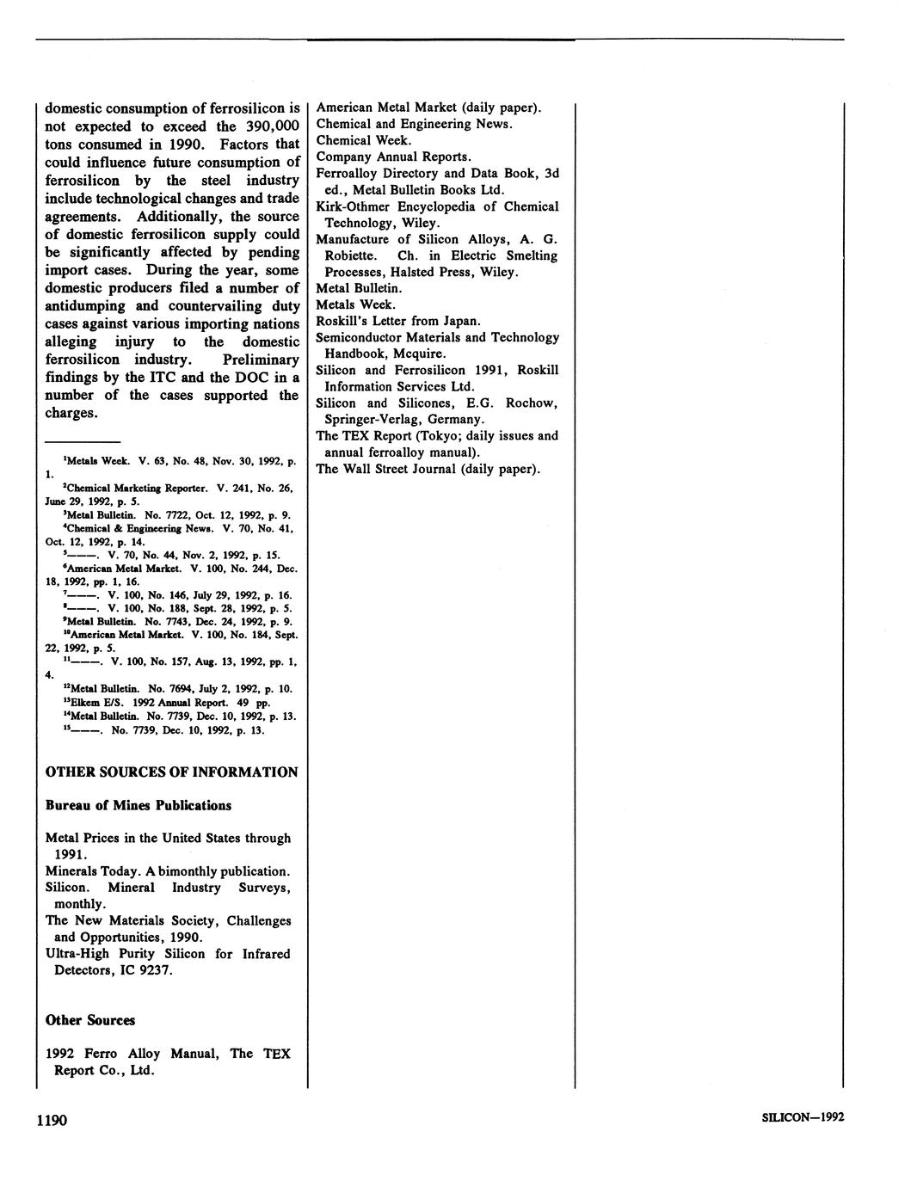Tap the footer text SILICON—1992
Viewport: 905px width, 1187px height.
click(x=803, y=1117)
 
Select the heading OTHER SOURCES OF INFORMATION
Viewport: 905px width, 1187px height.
click(x=171, y=772)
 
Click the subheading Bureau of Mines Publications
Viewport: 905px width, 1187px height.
click(x=138, y=805)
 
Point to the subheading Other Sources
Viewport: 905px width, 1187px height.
click(x=90, y=1020)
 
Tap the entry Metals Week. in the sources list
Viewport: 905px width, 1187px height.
click(x=355, y=304)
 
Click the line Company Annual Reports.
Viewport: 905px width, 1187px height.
click(x=393, y=157)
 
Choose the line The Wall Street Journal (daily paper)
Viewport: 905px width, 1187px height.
click(x=428, y=469)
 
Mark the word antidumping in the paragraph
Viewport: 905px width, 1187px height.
click(x=85, y=306)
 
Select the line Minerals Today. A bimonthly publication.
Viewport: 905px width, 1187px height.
click(x=167, y=870)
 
